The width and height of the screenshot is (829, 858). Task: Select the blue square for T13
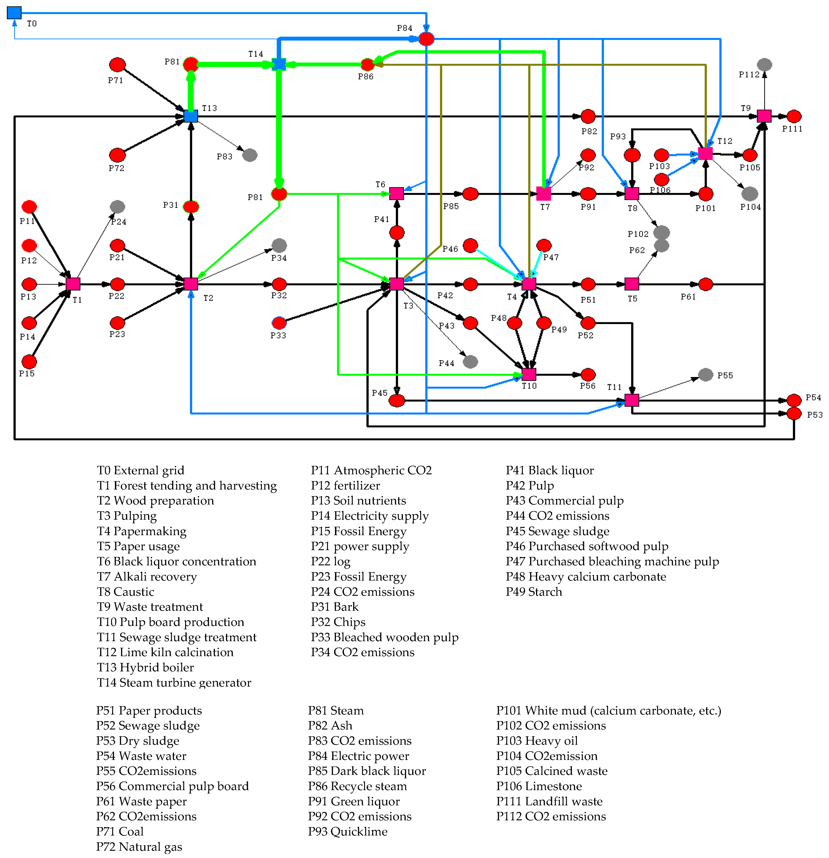click(191, 116)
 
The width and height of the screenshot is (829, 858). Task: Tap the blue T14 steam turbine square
click(279, 64)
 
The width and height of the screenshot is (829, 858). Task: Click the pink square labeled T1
click(73, 284)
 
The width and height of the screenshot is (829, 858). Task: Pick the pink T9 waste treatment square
click(764, 116)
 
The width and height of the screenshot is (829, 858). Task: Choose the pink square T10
click(529, 374)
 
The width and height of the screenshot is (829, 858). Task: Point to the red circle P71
click(117, 65)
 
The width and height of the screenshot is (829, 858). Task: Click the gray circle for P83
click(250, 155)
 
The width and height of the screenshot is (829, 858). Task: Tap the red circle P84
click(426, 39)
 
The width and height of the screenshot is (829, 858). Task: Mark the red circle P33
click(279, 323)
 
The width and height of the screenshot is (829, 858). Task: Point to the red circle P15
click(29, 362)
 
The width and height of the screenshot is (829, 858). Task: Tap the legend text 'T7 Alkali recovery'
click(147, 576)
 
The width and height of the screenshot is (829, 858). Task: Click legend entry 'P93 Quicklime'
click(348, 831)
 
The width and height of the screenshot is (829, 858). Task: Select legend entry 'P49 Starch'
click(534, 592)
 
